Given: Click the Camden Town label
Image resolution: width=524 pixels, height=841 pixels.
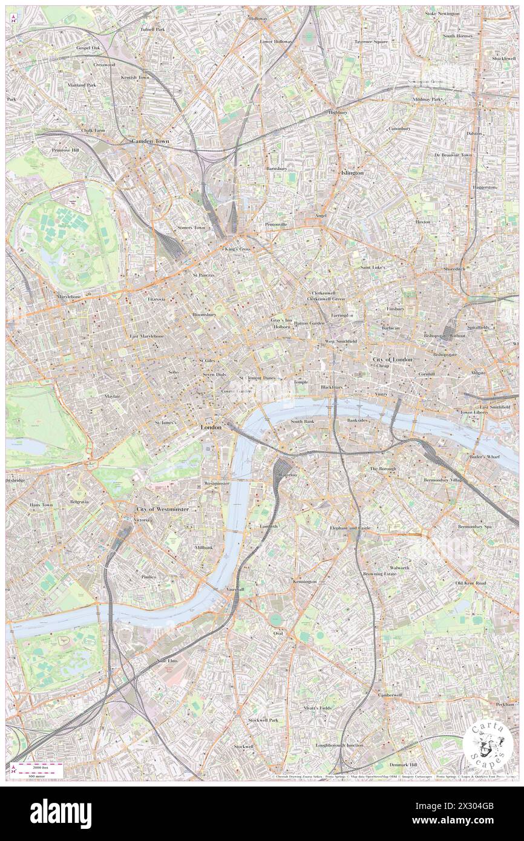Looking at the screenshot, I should point(151,141).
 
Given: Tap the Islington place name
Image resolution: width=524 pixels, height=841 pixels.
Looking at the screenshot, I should point(352,172).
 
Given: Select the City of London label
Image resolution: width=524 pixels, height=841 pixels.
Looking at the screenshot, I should point(392,359).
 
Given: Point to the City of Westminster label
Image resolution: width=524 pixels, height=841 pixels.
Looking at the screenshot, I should point(163,509).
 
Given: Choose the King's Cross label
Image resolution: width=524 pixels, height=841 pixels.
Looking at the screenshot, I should point(238,249).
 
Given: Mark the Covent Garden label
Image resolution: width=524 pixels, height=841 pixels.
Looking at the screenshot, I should point(236,391).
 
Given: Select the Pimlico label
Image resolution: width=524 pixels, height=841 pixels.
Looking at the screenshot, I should point(149,577).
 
